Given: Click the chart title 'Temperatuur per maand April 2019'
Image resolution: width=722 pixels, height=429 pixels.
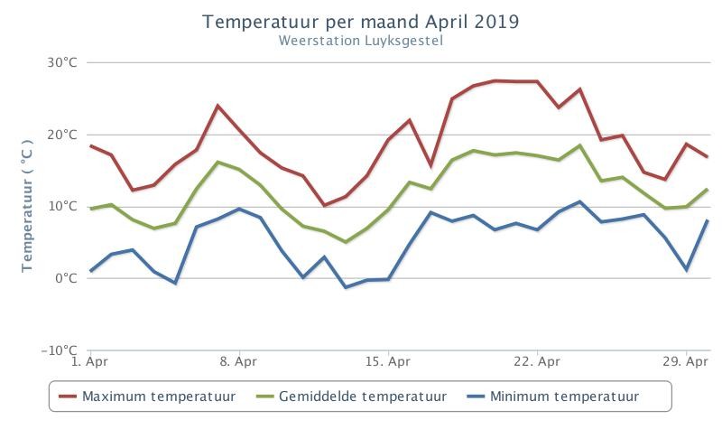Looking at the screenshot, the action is [x=360, y=22].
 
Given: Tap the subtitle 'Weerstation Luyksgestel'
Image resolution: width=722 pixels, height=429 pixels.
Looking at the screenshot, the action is [x=360, y=41].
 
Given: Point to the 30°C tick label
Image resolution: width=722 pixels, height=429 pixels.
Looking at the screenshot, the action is [x=62, y=62].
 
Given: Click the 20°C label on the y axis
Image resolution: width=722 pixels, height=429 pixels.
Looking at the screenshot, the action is [x=62, y=135].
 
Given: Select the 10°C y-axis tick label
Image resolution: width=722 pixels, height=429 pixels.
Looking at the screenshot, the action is [x=62, y=206].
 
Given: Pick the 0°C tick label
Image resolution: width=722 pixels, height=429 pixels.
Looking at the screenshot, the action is [x=66, y=278].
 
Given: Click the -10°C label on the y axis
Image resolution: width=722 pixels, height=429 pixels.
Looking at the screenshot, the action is [x=59, y=350].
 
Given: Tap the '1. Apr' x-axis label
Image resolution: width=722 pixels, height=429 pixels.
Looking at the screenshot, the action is [x=89, y=361].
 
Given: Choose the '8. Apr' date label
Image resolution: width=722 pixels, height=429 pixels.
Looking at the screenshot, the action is [x=238, y=361].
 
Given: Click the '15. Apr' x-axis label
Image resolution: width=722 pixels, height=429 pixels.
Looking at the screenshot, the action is [x=388, y=361].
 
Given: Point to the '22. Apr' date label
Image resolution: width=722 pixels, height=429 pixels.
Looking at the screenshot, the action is [x=537, y=361].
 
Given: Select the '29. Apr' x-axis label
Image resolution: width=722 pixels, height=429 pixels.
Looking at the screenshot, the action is [x=685, y=361].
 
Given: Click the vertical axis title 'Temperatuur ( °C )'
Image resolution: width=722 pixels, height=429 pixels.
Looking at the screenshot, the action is [x=27, y=206].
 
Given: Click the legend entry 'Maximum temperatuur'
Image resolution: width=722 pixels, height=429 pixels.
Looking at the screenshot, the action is [x=147, y=396].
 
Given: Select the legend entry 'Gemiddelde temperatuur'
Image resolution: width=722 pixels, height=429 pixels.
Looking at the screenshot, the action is [x=351, y=396].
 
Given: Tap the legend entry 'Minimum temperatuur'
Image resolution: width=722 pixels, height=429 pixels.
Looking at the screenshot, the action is [x=553, y=396].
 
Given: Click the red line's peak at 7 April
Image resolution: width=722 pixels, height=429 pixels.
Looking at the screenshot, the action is [x=218, y=106].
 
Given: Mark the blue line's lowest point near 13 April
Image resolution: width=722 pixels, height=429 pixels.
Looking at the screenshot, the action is [x=346, y=287].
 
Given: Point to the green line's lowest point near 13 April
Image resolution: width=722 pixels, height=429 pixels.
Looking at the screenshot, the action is [x=346, y=242].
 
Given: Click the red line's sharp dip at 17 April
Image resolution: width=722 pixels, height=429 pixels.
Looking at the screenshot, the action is [x=430, y=165].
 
